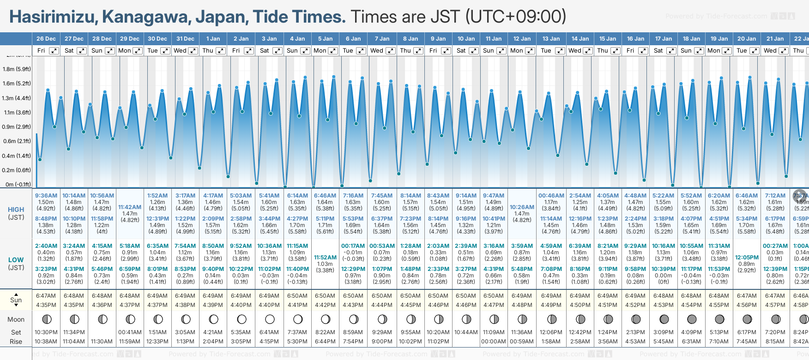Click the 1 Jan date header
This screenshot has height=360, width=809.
pos(213,39)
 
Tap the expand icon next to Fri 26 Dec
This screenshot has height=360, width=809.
pos(54,51)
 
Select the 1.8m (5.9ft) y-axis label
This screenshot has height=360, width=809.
pos(17,69)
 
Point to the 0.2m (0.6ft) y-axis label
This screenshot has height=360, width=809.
pos(17,170)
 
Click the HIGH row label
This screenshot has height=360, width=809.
pos(16,210)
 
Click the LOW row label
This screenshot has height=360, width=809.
pos(16,260)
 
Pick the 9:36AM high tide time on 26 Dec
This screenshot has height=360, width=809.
pos(46,196)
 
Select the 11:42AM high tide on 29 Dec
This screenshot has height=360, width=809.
pos(130,207)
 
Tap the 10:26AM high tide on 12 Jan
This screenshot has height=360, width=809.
pos(522,207)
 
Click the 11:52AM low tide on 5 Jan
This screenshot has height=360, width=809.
pos(325,258)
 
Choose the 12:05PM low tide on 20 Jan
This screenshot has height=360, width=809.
pos(747,258)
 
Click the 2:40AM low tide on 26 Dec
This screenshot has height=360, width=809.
pos(46,246)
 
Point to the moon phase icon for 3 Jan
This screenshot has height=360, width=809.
pos(270,319)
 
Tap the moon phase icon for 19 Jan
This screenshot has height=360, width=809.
pos(719,319)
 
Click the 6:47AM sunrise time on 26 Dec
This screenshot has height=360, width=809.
pos(46,296)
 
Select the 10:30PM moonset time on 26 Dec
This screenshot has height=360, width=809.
pos(46,332)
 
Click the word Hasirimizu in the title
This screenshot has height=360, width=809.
pos(53,17)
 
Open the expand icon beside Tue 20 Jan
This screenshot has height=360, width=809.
pos(755,51)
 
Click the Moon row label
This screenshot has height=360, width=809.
pos(16,319)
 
